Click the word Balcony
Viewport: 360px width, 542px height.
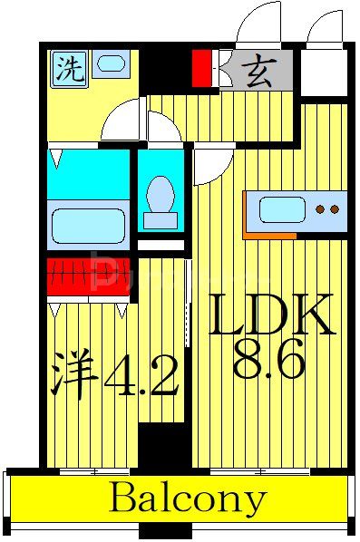[x=189, y=499]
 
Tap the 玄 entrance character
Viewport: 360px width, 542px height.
[x=261, y=70]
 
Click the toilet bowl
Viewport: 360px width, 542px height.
[x=161, y=194]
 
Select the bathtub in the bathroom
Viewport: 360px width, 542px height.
[x=87, y=223]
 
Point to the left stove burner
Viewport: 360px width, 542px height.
[x=319, y=210]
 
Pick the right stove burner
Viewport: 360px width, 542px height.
[x=335, y=210]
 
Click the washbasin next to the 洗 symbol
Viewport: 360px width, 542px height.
[x=111, y=65]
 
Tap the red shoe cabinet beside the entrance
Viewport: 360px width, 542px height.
[x=201, y=69]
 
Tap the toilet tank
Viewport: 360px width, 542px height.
[x=161, y=220]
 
